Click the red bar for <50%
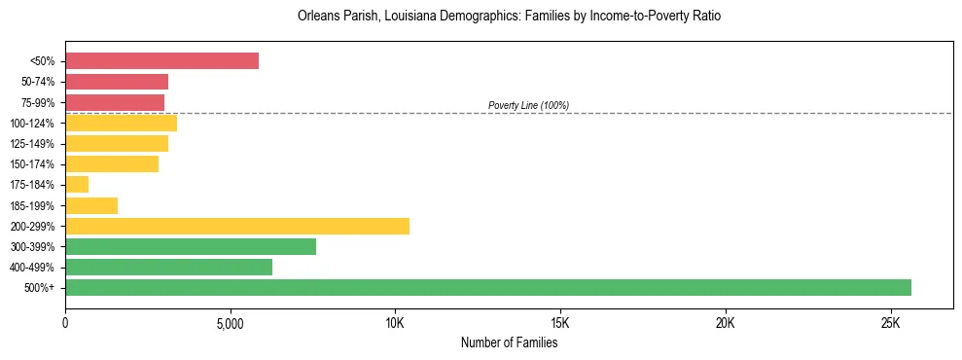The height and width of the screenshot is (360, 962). [161, 61]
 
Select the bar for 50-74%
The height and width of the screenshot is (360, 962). [117, 82]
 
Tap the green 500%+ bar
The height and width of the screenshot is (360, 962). [487, 287]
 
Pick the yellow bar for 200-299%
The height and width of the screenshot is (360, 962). [237, 226]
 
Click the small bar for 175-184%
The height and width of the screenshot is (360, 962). [77, 184]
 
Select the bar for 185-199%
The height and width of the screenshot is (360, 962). [91, 205]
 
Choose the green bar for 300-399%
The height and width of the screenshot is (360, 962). [191, 246]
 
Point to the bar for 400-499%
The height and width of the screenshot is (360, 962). [168, 267]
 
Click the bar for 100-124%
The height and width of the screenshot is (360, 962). [121, 123]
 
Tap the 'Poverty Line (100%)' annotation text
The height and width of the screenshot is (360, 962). [528, 105]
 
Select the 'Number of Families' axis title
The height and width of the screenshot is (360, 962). [509, 342]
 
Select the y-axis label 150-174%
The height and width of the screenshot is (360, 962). [33, 164]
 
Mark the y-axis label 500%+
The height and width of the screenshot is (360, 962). [41, 288]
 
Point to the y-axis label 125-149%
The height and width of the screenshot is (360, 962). [33, 144]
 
